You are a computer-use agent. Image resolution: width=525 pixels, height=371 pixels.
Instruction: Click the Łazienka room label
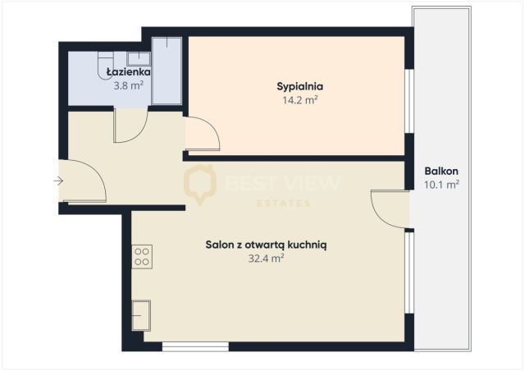coord(129,71)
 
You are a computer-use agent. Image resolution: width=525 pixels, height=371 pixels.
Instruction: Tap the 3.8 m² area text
coord(129,86)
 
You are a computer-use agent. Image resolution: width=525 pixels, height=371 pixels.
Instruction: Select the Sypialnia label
coord(300,86)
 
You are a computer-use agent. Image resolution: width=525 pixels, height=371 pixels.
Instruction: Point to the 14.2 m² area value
coord(300,100)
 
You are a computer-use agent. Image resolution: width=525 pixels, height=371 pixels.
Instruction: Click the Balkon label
coord(441,171)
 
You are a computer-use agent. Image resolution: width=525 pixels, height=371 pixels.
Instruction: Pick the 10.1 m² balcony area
coord(441,185)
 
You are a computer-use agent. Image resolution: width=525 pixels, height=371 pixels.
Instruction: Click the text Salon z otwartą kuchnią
coord(266,245)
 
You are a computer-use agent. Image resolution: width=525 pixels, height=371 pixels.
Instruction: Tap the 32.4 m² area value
coord(266,259)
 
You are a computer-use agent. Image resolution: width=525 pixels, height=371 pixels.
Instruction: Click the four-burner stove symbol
coord(142,257)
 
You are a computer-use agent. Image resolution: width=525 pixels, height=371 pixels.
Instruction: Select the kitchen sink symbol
coord(141,316)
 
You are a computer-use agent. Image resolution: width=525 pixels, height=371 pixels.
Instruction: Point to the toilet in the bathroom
coord(106,65)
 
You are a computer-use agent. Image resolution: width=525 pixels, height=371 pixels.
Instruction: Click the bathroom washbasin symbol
coord(139,58)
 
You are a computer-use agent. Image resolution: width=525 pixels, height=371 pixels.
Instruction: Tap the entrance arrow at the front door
coord(58,181)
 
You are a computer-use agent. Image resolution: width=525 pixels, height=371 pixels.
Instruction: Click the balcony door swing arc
coord(378,214)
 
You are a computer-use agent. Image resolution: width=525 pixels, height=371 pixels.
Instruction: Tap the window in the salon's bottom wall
coord(195,346)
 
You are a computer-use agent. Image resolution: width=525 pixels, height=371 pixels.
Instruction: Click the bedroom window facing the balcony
coord(409,101)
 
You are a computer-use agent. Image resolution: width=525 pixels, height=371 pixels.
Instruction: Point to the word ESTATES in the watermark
coord(284,203)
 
